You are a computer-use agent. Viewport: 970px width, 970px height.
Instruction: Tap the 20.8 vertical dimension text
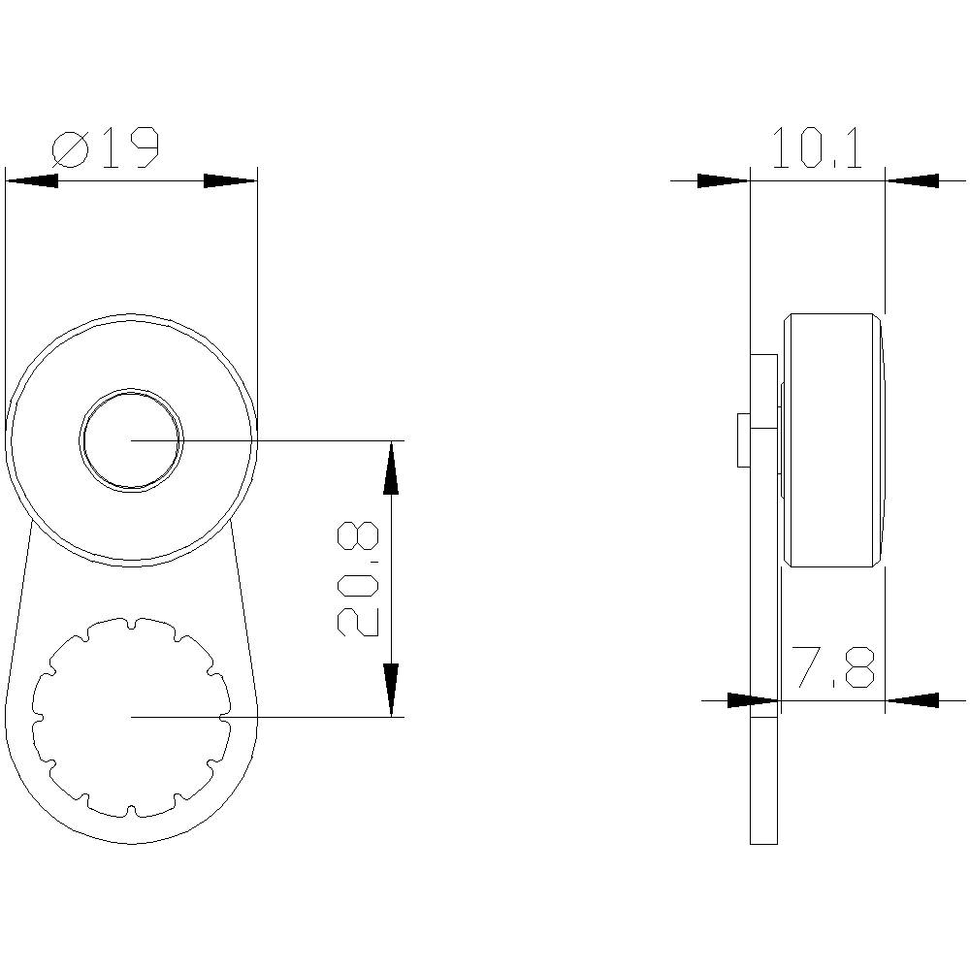(x=358, y=579)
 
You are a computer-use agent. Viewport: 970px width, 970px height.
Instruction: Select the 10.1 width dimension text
(x=817, y=149)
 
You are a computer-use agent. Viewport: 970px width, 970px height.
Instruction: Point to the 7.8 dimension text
(x=832, y=667)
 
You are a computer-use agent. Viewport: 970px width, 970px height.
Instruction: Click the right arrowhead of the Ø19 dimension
(x=231, y=180)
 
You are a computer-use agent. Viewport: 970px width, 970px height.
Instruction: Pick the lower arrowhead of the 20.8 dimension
(x=391, y=690)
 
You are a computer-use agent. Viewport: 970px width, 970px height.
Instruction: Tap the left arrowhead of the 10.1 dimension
(x=724, y=180)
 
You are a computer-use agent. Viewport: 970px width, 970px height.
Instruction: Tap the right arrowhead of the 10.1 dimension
(x=912, y=180)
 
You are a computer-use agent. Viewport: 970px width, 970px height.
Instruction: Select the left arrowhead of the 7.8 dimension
(x=753, y=699)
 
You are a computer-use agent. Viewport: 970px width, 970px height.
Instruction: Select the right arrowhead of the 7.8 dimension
(x=912, y=699)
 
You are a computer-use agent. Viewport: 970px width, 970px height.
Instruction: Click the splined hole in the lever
(x=131, y=716)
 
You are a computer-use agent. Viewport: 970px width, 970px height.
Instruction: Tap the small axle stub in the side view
(x=744, y=439)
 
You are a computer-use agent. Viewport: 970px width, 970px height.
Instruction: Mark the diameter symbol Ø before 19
(x=70, y=150)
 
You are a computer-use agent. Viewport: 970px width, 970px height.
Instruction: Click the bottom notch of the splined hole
(x=131, y=810)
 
